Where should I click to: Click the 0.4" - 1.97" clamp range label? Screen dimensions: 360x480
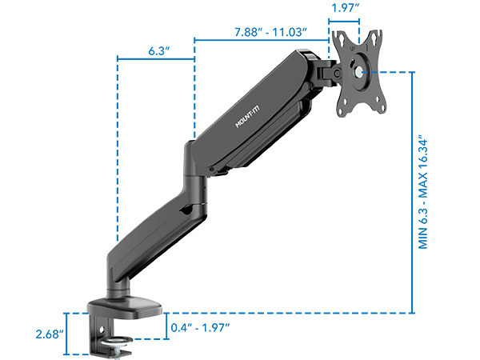pyautogui.click(x=201, y=328)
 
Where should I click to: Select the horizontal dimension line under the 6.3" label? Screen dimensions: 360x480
pyautogui.click(x=156, y=58)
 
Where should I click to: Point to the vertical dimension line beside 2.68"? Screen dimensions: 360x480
pyautogui.click(x=67, y=332)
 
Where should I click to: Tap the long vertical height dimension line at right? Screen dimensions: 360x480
pyautogui.click(x=412, y=192)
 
